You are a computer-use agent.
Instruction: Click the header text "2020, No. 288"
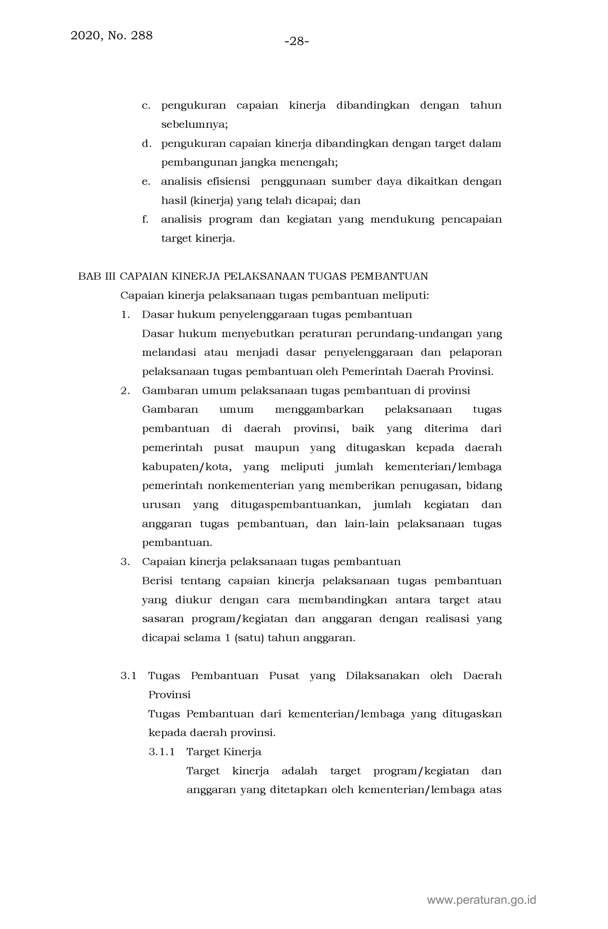click(x=111, y=36)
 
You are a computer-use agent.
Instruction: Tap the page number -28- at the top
click(x=297, y=41)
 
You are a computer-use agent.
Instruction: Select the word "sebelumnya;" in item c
click(x=194, y=125)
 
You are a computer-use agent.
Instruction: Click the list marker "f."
click(x=145, y=219)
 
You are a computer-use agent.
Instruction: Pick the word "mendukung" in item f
click(x=402, y=219)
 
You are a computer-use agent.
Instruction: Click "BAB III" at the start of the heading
click(x=97, y=276)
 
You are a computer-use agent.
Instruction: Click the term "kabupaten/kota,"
click(x=187, y=467)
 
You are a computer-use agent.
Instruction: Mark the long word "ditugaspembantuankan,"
click(x=296, y=505)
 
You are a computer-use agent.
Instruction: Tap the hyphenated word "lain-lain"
click(x=367, y=524)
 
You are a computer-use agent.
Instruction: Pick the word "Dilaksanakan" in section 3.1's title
click(x=383, y=676)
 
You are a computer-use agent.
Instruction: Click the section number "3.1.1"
click(x=161, y=752)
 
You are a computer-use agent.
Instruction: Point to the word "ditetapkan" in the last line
click(x=298, y=790)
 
